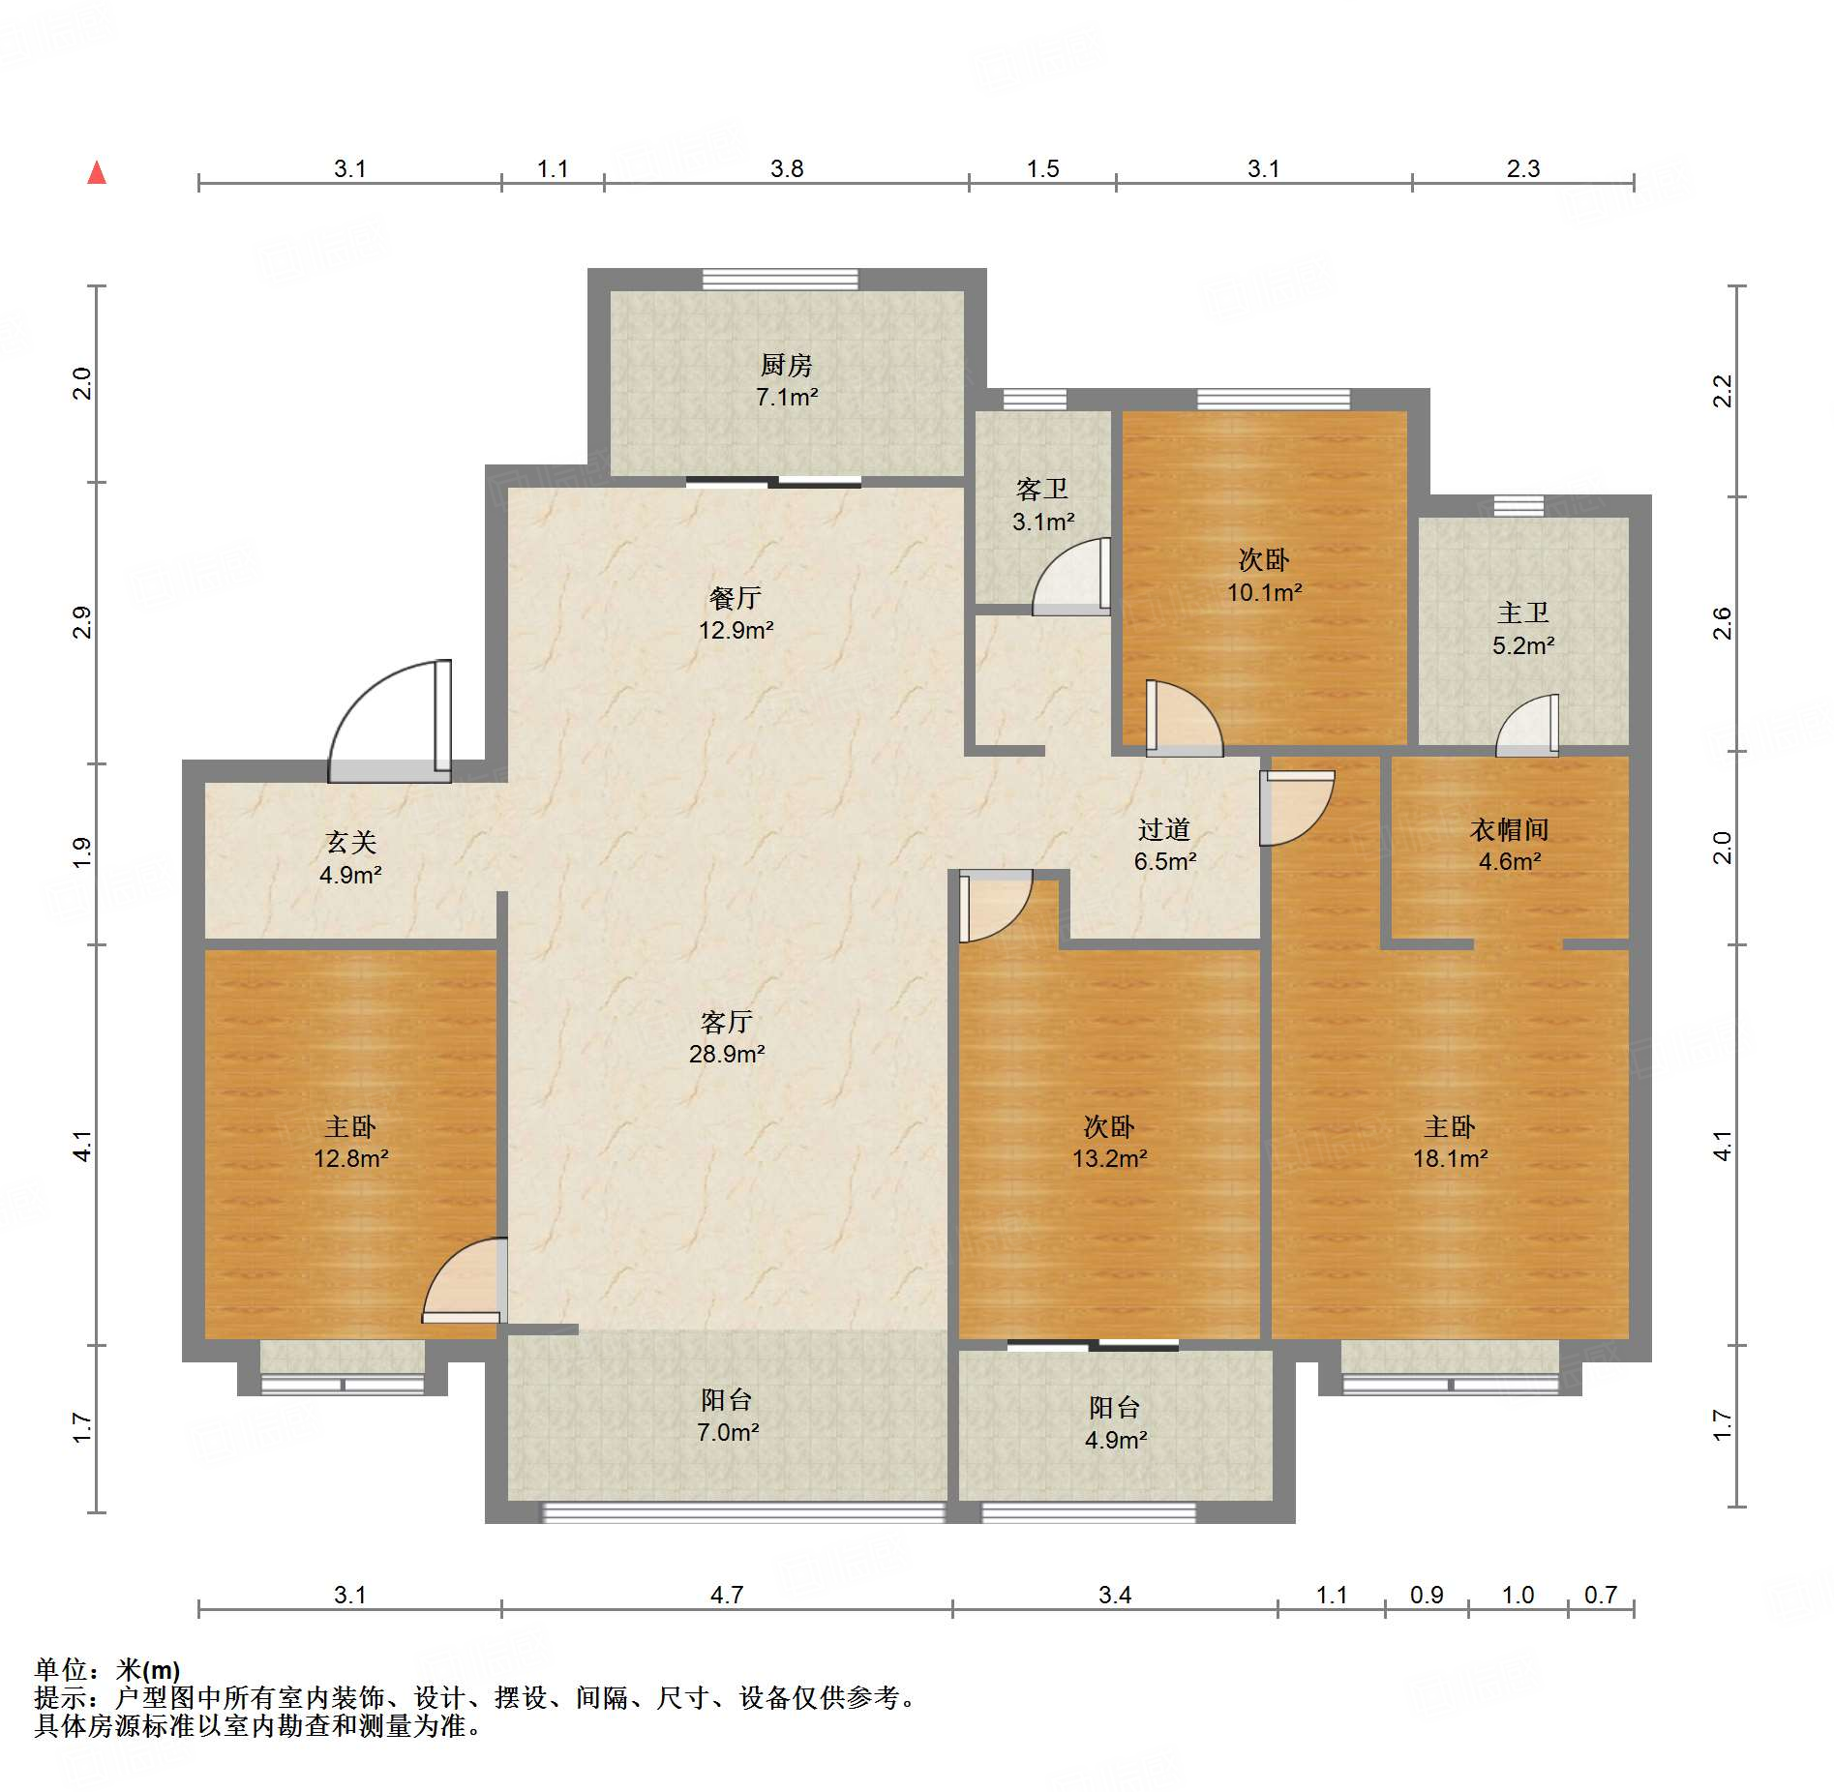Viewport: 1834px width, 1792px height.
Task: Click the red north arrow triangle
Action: point(97,172)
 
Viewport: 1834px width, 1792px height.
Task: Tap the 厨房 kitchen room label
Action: point(786,365)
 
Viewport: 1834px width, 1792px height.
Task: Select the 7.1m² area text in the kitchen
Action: point(787,397)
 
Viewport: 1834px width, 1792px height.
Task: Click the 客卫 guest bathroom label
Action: point(1042,489)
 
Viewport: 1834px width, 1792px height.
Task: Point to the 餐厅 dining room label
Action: point(736,598)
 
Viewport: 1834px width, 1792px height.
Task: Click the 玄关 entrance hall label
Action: point(350,843)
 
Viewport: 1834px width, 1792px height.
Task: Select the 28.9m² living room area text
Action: point(727,1054)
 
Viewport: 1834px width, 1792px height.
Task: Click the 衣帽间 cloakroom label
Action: point(1510,829)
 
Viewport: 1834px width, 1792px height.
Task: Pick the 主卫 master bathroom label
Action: point(1523,612)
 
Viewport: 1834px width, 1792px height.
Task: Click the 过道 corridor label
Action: point(1164,829)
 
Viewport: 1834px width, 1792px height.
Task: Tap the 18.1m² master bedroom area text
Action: point(1450,1158)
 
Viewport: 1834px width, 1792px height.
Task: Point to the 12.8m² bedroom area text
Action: point(350,1158)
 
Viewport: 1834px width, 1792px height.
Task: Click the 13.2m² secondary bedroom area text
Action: point(1109,1158)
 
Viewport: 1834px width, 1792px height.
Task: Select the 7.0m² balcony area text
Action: point(728,1432)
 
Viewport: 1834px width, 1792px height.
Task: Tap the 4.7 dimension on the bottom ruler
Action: point(727,1595)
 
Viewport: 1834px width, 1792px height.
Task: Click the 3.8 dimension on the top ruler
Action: point(787,168)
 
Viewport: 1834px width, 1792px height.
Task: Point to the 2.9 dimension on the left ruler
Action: point(83,622)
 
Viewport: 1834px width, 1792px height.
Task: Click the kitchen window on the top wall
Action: point(780,280)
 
